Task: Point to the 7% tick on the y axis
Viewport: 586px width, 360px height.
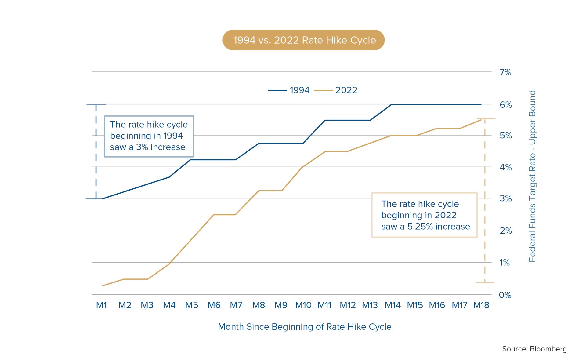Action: point(505,72)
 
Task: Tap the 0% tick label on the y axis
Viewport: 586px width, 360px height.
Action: point(505,295)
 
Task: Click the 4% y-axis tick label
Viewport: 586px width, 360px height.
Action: point(505,167)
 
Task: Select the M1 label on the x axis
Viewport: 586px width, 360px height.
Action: point(101,305)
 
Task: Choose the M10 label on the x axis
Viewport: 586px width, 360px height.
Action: point(303,305)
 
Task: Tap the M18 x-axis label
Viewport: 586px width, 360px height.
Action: point(481,305)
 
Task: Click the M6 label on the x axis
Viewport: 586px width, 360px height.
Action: point(214,305)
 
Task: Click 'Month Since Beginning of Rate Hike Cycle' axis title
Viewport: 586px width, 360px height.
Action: point(304,327)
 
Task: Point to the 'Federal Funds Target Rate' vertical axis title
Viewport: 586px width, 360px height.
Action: point(532,176)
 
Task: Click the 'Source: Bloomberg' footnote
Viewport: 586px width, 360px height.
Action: point(534,349)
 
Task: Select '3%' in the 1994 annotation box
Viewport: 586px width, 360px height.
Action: point(142,147)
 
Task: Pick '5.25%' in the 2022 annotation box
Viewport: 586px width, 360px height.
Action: point(420,227)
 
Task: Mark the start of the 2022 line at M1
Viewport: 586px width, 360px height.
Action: point(103,286)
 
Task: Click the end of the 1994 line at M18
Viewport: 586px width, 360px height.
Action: point(481,104)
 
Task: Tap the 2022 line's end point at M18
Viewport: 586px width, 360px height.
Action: point(481,120)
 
